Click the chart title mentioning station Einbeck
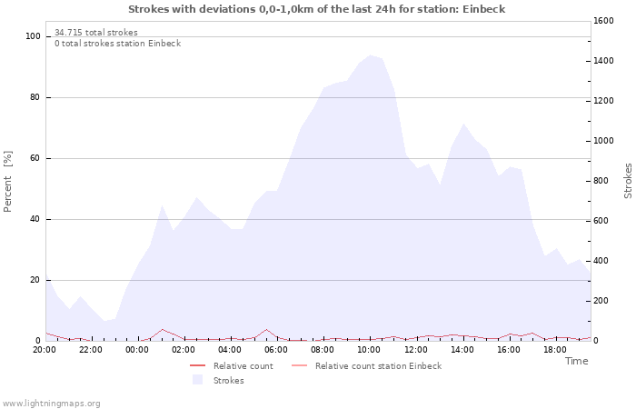click(317, 9)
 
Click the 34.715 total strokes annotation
click(95, 33)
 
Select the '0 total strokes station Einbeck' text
click(117, 44)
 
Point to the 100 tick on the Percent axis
click(34, 36)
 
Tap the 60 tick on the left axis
click(35, 158)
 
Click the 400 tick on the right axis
click(604, 261)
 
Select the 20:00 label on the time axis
click(45, 349)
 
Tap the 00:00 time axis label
click(137, 349)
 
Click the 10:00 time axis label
click(369, 349)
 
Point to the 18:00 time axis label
click(554, 349)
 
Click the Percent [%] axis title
click(8, 181)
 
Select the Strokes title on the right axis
click(628, 181)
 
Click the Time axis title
click(576, 361)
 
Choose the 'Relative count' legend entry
click(243, 366)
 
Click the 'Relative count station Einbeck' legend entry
click(378, 366)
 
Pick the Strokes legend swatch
click(197, 381)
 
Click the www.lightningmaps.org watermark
click(52, 404)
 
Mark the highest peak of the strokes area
click(370, 55)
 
